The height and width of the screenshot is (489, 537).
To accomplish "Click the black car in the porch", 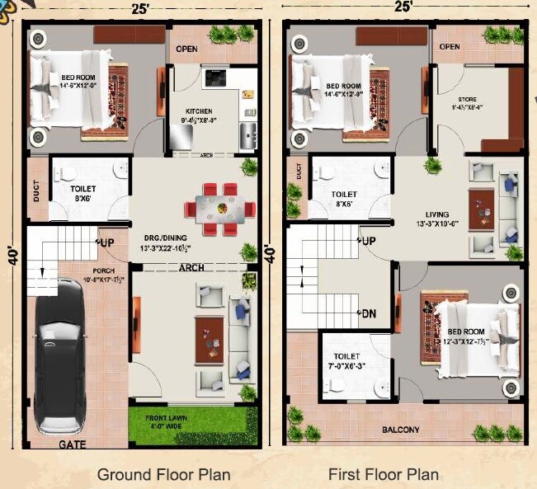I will click(x=59, y=355).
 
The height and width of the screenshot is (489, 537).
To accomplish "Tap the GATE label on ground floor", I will click(x=73, y=444).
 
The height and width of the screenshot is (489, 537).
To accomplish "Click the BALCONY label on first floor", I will click(x=400, y=430).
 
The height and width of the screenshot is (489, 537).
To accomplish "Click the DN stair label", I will click(x=369, y=314).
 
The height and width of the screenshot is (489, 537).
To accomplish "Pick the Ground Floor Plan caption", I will click(x=163, y=474).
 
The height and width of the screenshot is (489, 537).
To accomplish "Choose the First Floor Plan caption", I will click(x=384, y=474).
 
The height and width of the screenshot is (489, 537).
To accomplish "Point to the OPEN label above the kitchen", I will click(x=186, y=49).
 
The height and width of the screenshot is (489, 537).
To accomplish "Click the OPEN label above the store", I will click(x=450, y=47).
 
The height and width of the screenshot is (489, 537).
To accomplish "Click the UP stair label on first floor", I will click(x=368, y=241).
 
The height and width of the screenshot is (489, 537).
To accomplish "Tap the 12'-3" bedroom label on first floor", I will click(x=467, y=336).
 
